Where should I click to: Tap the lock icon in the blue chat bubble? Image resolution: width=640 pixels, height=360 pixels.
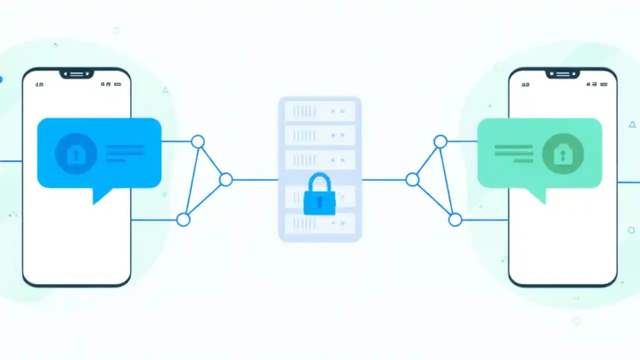[75, 153]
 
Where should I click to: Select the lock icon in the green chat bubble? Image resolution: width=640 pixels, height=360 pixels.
[563, 154]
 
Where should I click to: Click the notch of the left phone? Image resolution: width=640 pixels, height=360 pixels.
[76, 74]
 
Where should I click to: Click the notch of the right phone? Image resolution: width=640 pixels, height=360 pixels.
[562, 74]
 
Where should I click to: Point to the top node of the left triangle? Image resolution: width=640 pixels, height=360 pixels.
[198, 141]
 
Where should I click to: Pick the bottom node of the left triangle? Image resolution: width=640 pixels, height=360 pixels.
[183, 219]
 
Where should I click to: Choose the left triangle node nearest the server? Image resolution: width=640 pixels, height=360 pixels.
[226, 179]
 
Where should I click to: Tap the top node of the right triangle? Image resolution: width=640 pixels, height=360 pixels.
[440, 141]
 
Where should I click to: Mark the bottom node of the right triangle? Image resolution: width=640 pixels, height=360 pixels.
[455, 219]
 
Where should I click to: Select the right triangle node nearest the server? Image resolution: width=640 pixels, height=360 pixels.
[412, 179]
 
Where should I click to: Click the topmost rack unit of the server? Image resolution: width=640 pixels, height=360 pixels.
[320, 110]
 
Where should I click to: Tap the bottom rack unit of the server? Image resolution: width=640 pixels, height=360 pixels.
[320, 223]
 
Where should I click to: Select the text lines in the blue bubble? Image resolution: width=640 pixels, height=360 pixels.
[124, 153]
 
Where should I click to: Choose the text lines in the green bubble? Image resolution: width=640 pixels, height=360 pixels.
[513, 153]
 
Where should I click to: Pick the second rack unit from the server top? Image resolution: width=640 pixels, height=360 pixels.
[320, 135]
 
